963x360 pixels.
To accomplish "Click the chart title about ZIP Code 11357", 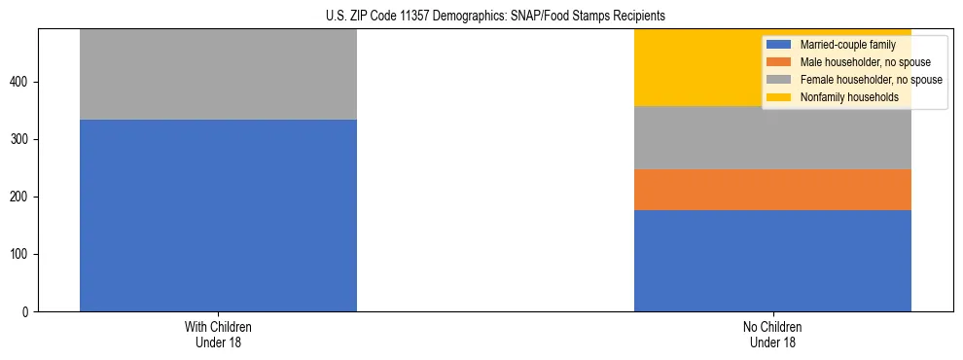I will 481,17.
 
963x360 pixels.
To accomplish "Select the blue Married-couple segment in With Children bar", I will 218,215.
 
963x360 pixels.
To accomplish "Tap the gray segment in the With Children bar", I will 218,74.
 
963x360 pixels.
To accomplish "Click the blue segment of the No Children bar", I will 772,260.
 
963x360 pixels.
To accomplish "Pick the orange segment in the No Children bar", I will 772,190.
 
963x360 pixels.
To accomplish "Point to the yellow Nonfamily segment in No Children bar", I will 695,67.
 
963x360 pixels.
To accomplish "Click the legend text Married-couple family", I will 848,45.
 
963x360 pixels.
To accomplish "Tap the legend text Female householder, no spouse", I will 870,80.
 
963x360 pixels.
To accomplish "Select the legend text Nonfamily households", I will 848,97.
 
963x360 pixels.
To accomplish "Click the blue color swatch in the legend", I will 779,45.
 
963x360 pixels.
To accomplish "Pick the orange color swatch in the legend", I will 779,62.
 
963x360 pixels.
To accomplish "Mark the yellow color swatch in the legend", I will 779,97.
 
